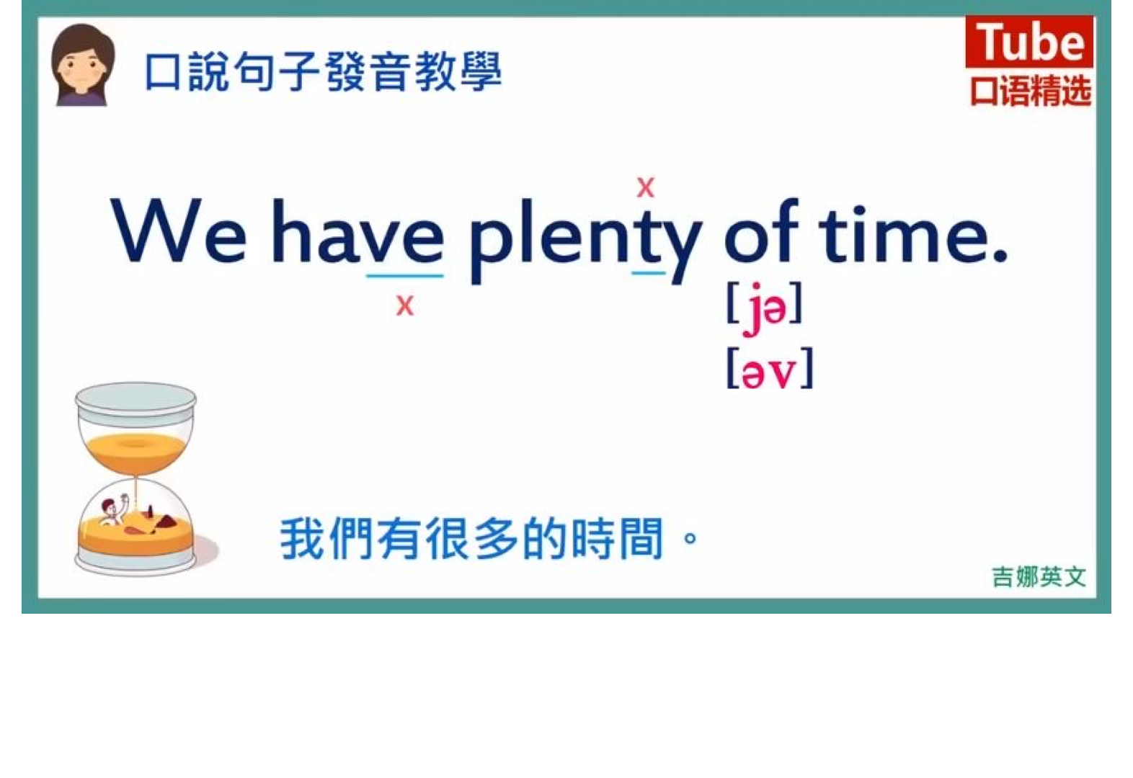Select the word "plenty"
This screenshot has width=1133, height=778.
click(x=586, y=241)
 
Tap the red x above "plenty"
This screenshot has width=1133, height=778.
click(x=645, y=187)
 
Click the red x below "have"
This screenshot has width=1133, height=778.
click(x=404, y=305)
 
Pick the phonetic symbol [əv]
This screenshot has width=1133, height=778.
click(x=769, y=369)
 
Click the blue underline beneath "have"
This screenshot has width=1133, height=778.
click(x=404, y=276)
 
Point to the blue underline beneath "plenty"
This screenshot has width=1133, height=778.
click(x=649, y=273)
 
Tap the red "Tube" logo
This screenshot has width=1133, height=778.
click(x=1028, y=42)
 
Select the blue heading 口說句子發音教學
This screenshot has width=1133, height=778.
click(x=324, y=71)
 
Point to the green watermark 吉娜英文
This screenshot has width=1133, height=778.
click(x=1039, y=577)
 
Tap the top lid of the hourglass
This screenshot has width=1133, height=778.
click(x=135, y=399)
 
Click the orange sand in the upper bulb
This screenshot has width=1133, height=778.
click(x=135, y=451)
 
